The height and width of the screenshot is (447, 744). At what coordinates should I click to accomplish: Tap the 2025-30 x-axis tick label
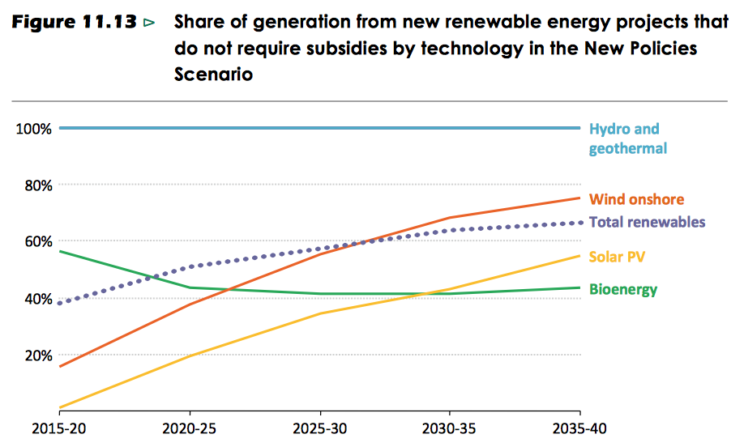pyautogui.click(x=321, y=427)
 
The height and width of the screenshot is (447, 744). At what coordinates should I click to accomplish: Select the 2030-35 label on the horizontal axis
pyautogui.click(x=450, y=427)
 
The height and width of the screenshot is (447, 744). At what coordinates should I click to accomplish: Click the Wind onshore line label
pyautogui.click(x=636, y=199)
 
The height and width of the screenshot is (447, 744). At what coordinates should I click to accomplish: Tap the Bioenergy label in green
pyautogui.click(x=622, y=289)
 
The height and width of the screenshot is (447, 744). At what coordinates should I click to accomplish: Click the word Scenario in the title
pyautogui.click(x=214, y=74)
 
